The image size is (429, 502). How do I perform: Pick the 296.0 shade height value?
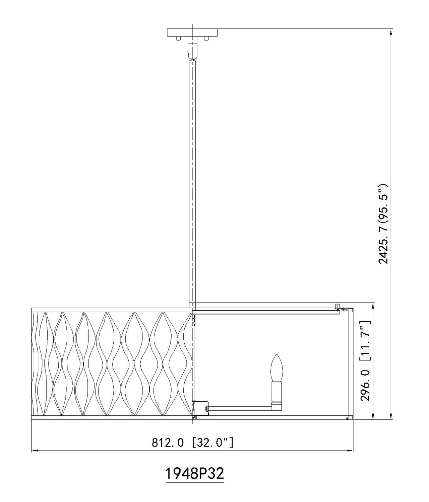tap(365, 386)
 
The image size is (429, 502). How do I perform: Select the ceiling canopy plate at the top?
tap(192, 32)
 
